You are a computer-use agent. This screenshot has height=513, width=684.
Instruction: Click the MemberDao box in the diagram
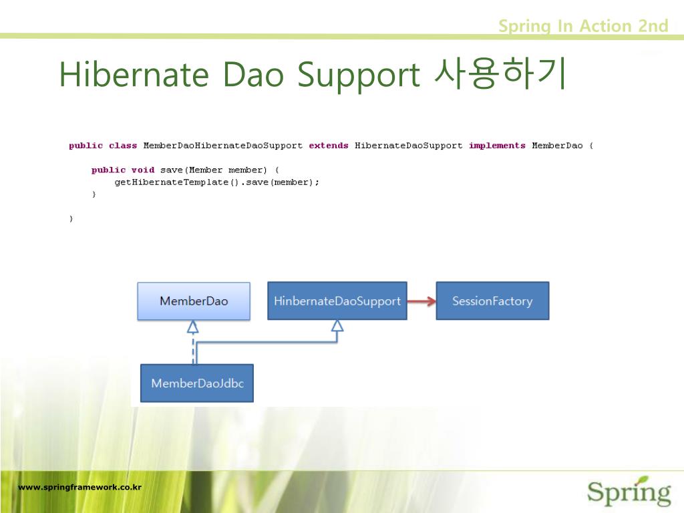tap(194, 301)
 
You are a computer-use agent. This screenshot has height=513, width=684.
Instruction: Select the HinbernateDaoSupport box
tap(337, 301)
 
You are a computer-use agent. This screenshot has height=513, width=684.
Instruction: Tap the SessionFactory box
tap(492, 301)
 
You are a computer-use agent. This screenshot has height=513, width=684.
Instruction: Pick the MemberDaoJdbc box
tap(197, 383)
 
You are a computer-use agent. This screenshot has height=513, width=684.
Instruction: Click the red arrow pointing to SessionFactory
tap(421, 301)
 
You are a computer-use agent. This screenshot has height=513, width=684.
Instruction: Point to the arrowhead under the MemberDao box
tap(193, 327)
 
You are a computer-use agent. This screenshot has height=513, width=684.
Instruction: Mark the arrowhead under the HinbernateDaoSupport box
tap(337, 326)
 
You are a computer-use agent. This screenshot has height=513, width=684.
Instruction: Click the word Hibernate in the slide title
tap(134, 74)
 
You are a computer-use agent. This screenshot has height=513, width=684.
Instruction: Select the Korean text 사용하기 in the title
tap(500, 73)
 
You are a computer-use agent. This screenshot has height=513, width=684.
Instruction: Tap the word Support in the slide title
tap(359, 76)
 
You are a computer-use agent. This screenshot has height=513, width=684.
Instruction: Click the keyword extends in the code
tap(329, 146)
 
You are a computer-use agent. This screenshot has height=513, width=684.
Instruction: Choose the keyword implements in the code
tap(497, 146)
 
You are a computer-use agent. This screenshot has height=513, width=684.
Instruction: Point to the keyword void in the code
tap(143, 170)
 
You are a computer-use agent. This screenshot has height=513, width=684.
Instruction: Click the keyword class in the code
tap(123, 146)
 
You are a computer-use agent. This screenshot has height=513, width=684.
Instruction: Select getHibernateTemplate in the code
tap(172, 182)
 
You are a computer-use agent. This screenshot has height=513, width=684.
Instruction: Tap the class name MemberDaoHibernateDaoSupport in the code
tap(222, 146)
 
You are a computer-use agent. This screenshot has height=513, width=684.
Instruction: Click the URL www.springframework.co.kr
tap(79, 487)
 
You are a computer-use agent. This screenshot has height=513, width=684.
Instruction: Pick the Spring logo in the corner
tap(629, 492)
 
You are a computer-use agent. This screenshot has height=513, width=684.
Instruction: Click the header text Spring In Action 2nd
tap(583, 26)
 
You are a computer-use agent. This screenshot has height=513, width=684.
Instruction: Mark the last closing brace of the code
tap(71, 218)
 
